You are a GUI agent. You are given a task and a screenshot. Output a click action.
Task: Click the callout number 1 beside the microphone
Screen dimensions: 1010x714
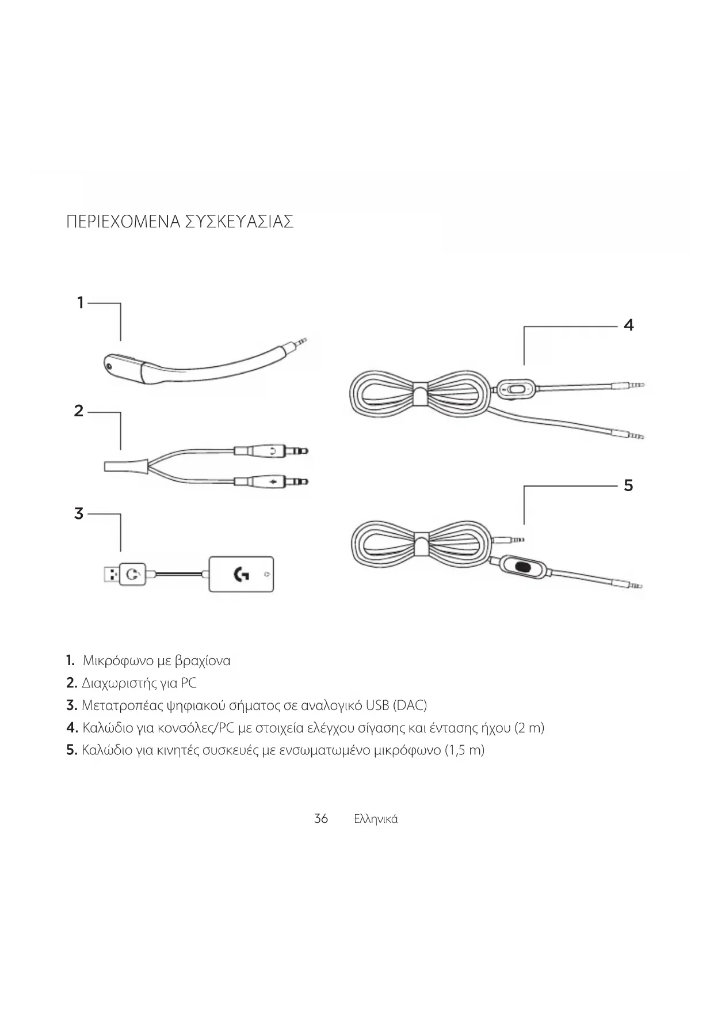81,302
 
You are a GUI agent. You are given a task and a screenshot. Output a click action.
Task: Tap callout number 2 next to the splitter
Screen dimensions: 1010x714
79,411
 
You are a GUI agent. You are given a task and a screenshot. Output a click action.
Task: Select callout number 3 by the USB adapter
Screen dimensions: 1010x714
79,514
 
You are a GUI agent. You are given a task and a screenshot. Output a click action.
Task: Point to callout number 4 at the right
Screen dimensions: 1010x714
628,325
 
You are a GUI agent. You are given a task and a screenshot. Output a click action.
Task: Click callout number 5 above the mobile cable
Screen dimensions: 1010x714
628,485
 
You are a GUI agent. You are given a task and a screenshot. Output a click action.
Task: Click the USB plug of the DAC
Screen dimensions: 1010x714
112,574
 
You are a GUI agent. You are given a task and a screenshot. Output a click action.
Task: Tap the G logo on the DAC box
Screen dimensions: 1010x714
241,574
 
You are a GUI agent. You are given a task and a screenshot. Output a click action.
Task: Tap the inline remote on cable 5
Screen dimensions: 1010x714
522,566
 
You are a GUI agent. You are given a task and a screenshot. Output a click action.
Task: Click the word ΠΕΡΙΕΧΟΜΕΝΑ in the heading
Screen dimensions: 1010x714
123,222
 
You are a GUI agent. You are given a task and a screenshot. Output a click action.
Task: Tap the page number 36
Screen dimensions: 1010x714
321,818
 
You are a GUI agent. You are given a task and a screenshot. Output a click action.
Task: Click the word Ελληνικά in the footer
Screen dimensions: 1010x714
376,819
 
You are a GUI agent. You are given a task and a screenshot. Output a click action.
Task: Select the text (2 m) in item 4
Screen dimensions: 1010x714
529,728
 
